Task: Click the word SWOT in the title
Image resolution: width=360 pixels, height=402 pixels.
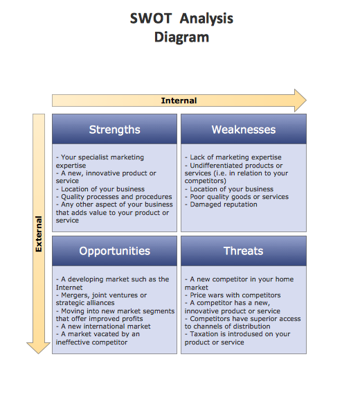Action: click(151, 19)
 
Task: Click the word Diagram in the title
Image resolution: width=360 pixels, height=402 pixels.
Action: click(181, 37)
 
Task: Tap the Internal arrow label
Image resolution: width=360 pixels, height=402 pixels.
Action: click(179, 101)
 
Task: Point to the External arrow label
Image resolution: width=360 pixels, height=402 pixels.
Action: click(39, 234)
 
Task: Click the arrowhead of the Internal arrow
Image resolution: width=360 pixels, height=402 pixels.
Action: click(300, 101)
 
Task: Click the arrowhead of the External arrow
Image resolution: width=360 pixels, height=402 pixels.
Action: click(38, 348)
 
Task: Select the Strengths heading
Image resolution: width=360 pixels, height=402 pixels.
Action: click(114, 130)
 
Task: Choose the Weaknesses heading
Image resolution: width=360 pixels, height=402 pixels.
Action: click(244, 130)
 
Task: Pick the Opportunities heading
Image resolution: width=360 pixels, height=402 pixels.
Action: click(114, 251)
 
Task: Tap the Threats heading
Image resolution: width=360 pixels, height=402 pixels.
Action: click(243, 251)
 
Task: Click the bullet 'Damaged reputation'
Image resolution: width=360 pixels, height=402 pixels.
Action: click(221, 204)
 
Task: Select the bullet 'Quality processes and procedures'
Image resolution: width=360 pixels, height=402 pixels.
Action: click(114, 197)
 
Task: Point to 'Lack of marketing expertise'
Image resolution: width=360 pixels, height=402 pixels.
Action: click(233, 157)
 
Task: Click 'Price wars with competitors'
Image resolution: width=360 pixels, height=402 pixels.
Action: click(233, 295)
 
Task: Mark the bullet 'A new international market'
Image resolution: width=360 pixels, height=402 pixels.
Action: click(103, 326)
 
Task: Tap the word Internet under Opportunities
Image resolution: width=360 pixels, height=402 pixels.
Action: click(69, 288)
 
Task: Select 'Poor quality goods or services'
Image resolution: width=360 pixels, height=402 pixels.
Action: click(237, 197)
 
